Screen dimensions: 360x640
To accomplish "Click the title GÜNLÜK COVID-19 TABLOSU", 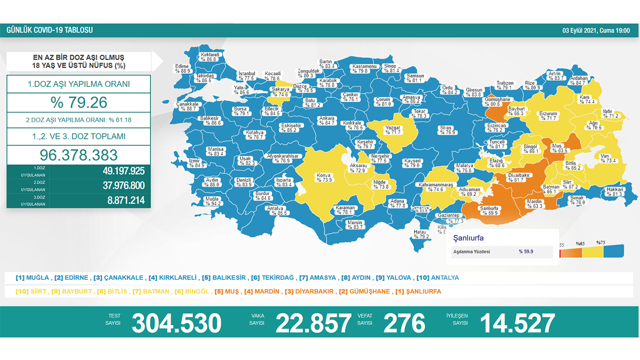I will point(49,30).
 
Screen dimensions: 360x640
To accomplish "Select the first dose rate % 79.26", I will point(79,102).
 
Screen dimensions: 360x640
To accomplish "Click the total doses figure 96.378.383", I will point(79,154).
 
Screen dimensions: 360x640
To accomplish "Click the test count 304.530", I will point(176,323).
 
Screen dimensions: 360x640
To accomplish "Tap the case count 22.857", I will point(313,323).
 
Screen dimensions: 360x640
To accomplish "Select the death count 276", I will point(404,323).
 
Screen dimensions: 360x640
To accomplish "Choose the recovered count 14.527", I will point(517,323).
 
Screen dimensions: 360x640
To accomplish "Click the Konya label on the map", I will point(323,175).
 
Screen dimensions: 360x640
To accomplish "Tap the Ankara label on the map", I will point(326,118).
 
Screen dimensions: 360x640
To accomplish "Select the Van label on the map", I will point(604,156).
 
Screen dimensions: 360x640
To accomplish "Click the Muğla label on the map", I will point(212,198).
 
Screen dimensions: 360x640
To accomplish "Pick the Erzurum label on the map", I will point(548,113).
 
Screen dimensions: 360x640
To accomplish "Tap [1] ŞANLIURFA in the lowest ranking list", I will point(418,291).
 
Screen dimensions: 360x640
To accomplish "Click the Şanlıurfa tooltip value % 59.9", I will point(526,251).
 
